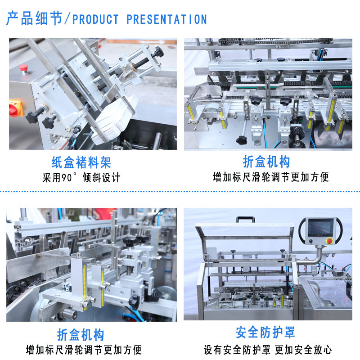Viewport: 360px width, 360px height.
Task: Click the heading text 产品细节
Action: tap(35, 18)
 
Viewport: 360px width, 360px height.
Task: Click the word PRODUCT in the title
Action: tap(95, 19)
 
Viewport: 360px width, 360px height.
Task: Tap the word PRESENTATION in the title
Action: tap(166, 19)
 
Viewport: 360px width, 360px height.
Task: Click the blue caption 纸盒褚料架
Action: tap(81, 162)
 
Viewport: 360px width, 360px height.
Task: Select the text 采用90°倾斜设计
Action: tap(81, 177)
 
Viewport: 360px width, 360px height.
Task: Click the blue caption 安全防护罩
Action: tap(265, 332)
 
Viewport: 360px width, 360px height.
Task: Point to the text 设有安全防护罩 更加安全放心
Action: tap(268, 350)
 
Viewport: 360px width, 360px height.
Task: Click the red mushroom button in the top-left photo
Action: tap(23, 68)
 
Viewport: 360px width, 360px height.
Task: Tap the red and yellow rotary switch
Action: tap(16, 108)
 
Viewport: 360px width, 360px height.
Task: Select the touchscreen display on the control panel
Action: tap(320, 227)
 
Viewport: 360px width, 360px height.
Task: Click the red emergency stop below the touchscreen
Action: tap(329, 241)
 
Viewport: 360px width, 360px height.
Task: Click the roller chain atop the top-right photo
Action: tap(275, 41)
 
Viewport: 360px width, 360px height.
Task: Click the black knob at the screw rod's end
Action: tap(159, 52)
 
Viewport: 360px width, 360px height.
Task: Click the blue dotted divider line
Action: tap(180, 191)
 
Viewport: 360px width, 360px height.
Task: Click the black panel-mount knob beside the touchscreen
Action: tap(311, 241)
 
